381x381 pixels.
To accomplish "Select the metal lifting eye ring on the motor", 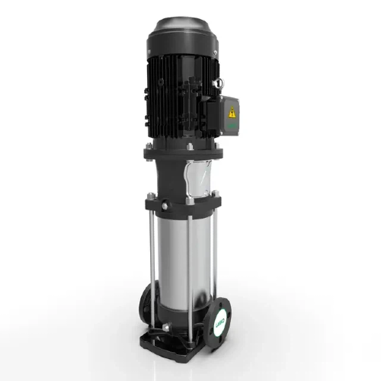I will click(x=218, y=82).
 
